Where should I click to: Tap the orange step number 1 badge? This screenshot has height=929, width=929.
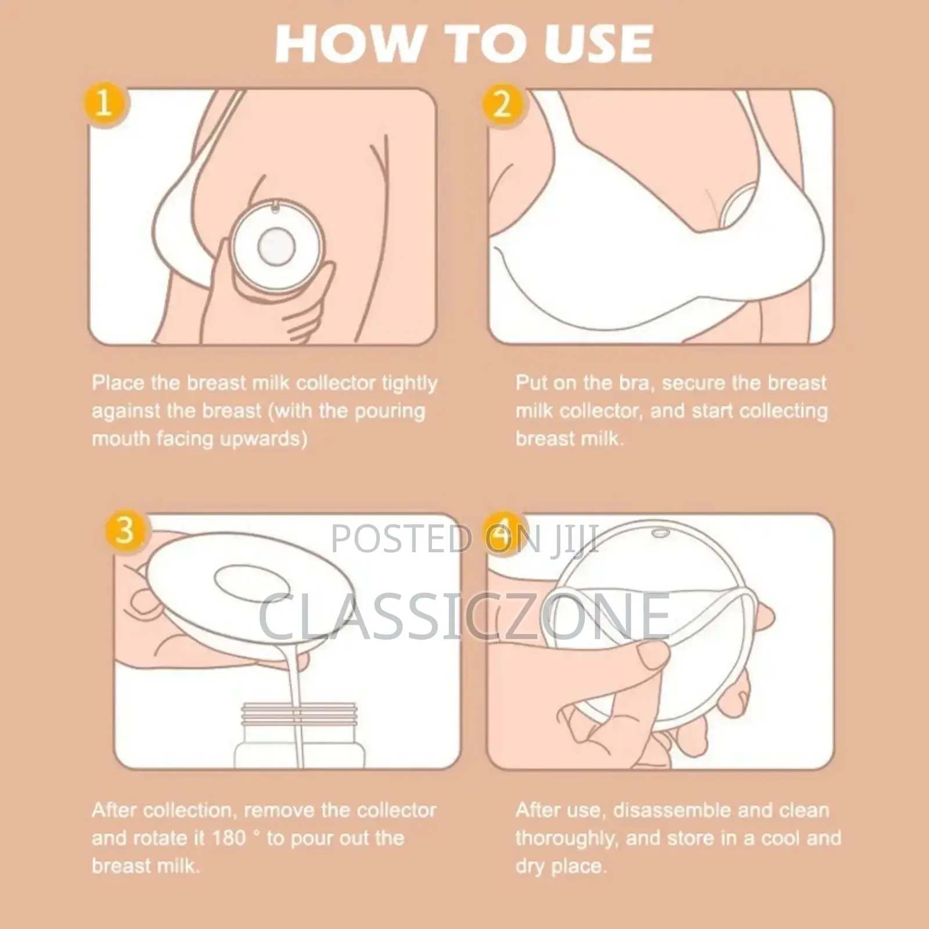click(104, 105)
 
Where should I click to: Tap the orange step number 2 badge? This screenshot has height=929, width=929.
click(502, 105)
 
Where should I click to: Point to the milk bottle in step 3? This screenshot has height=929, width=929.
click(299, 734)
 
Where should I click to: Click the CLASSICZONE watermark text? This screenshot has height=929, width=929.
click(464, 615)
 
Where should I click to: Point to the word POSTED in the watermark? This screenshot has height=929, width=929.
click(401, 538)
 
